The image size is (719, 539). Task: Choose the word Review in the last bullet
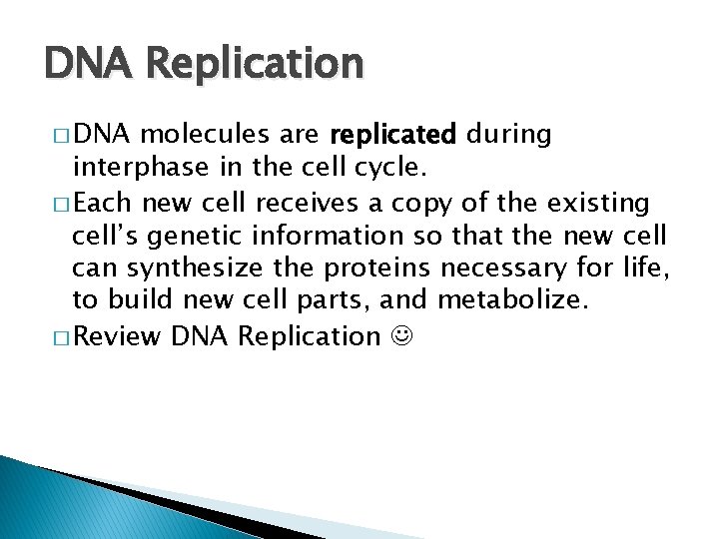[116, 336]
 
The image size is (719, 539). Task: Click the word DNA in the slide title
[85, 64]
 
